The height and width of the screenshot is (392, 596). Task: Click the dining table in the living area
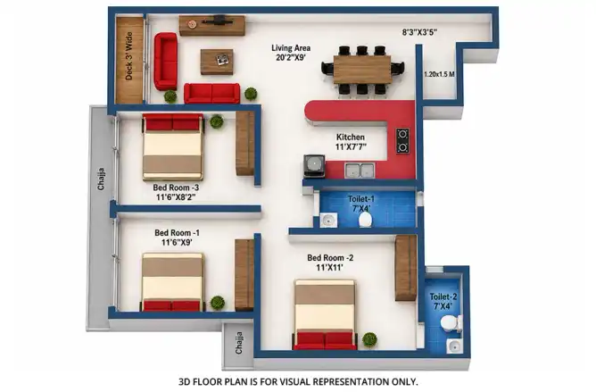pos(362,70)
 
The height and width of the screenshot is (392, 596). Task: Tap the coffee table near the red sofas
pos(217,62)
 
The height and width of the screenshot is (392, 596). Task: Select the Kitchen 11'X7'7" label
pos(351,142)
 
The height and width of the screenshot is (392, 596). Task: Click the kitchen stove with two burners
pos(403,141)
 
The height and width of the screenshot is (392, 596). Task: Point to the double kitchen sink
pos(360,171)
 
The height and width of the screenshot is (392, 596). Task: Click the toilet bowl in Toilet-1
pos(365,220)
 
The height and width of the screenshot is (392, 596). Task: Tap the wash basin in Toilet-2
pos(455,346)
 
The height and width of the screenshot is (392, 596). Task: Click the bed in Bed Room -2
pos(325,314)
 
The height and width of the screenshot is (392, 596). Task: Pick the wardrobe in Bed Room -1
pos(244,275)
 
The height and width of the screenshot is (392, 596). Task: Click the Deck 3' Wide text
pos(128,56)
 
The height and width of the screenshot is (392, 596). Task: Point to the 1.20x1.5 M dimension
pos(439,74)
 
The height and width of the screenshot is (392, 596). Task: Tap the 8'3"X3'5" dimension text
pos(419,32)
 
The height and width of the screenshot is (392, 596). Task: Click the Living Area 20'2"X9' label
pos(291,53)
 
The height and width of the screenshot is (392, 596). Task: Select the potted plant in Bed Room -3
pos(217,121)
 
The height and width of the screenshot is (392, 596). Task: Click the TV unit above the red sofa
pos(212,26)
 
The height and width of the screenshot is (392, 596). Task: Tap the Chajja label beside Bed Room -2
pos(239,343)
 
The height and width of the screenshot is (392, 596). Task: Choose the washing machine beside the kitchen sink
pos(314,166)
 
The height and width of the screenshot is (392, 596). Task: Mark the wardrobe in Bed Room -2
pos(406,268)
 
